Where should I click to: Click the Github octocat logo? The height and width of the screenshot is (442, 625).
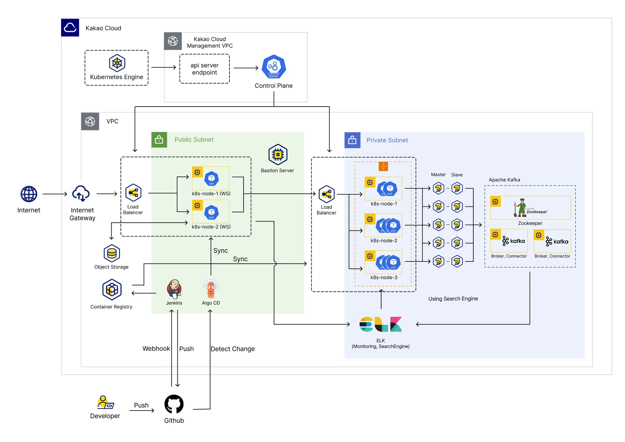(174, 404)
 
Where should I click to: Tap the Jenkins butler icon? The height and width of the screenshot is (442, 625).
(174, 289)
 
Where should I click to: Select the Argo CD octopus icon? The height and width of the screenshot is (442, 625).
(211, 289)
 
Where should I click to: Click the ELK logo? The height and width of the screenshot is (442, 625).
(381, 324)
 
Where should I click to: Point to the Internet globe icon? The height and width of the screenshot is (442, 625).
(29, 194)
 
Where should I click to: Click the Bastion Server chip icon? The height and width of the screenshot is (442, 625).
(278, 155)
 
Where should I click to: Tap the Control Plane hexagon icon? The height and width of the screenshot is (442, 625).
(274, 67)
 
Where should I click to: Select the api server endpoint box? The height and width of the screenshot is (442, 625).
(204, 69)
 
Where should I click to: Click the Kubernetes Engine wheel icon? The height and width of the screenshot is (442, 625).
(117, 63)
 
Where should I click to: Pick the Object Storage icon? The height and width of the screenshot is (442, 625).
(112, 253)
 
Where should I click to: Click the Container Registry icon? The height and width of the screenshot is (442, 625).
(112, 289)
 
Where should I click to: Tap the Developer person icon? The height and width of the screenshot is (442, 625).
(105, 402)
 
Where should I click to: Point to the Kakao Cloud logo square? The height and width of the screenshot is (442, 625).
(70, 27)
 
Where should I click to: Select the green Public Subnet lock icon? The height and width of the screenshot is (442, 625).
(159, 140)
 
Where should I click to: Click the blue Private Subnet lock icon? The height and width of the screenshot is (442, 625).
(352, 140)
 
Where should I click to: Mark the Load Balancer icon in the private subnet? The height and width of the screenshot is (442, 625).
(327, 194)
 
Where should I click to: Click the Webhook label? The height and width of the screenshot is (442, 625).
(156, 349)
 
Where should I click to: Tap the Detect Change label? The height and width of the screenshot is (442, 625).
(233, 349)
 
